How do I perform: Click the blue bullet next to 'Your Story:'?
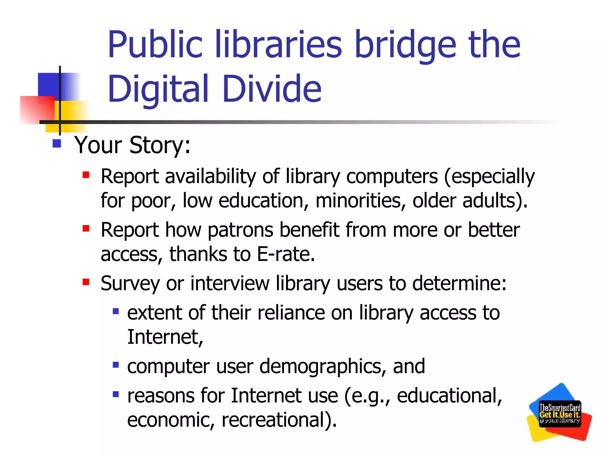coord(57,144)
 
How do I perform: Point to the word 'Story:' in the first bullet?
coord(160,145)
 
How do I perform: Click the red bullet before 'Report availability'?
coord(86,175)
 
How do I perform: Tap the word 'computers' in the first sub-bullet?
coord(392,177)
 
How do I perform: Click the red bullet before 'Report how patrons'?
coord(86,228)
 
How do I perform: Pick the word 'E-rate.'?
coord(286,254)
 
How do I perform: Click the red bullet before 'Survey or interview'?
coord(86,282)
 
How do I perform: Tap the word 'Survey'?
coord(130,284)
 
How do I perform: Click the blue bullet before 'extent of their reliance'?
coord(116,311)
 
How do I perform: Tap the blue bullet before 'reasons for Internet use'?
coord(116,394)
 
